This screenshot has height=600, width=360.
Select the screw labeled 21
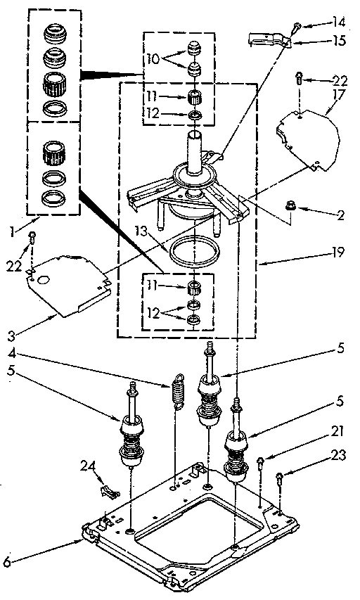coord(261,462)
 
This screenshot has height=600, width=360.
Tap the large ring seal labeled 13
coord(193,251)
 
